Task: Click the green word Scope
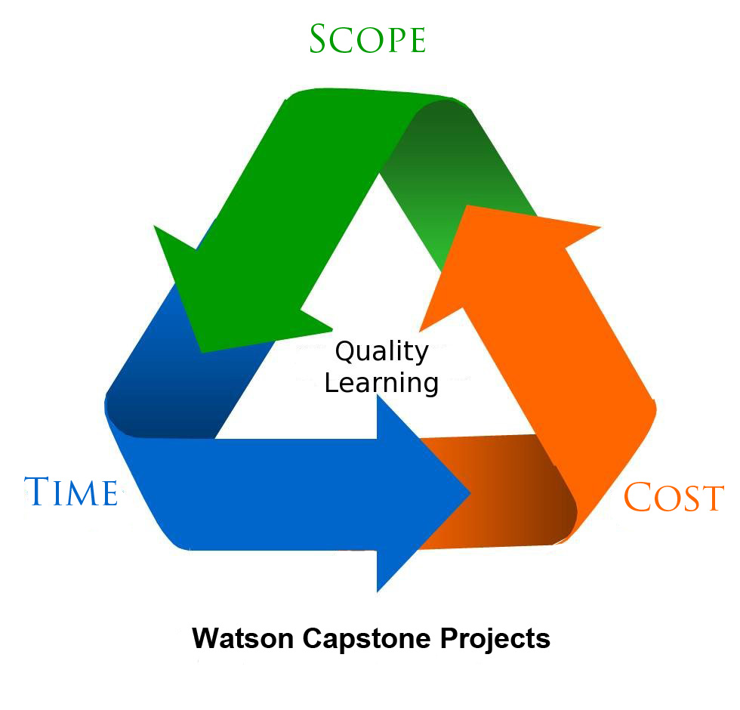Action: click(x=367, y=39)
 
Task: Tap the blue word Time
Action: click(x=71, y=491)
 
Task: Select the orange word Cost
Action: click(x=674, y=497)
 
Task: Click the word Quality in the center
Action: click(x=381, y=352)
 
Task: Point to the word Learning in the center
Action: click(x=381, y=382)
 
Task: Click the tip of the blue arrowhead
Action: click(x=470, y=494)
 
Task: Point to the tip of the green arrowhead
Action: click(x=201, y=350)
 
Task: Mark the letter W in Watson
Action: click(x=205, y=639)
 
